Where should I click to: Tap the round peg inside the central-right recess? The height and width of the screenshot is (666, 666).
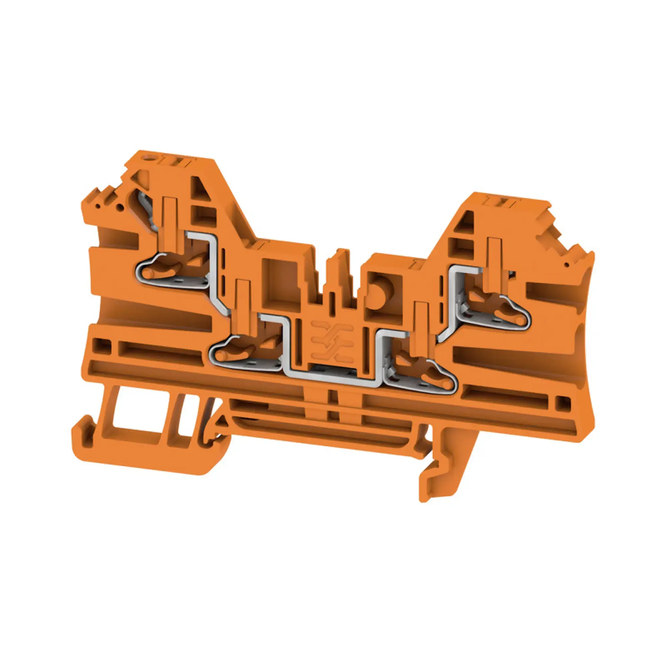tap(377, 293)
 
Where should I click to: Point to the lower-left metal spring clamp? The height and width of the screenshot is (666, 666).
tap(245, 353)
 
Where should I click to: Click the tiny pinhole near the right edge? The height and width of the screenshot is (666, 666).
tap(566, 265)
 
